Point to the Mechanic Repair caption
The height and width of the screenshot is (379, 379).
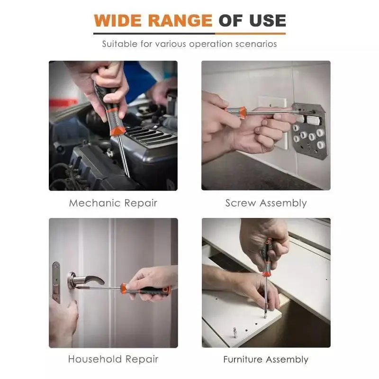(x=113, y=203)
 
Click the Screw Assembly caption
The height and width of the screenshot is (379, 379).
(x=266, y=203)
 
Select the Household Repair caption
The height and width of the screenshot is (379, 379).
(x=113, y=359)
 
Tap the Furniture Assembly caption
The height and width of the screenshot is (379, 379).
(x=266, y=360)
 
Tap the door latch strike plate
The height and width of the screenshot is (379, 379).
(x=56, y=282)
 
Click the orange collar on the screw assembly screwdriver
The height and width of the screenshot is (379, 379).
(x=243, y=112)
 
